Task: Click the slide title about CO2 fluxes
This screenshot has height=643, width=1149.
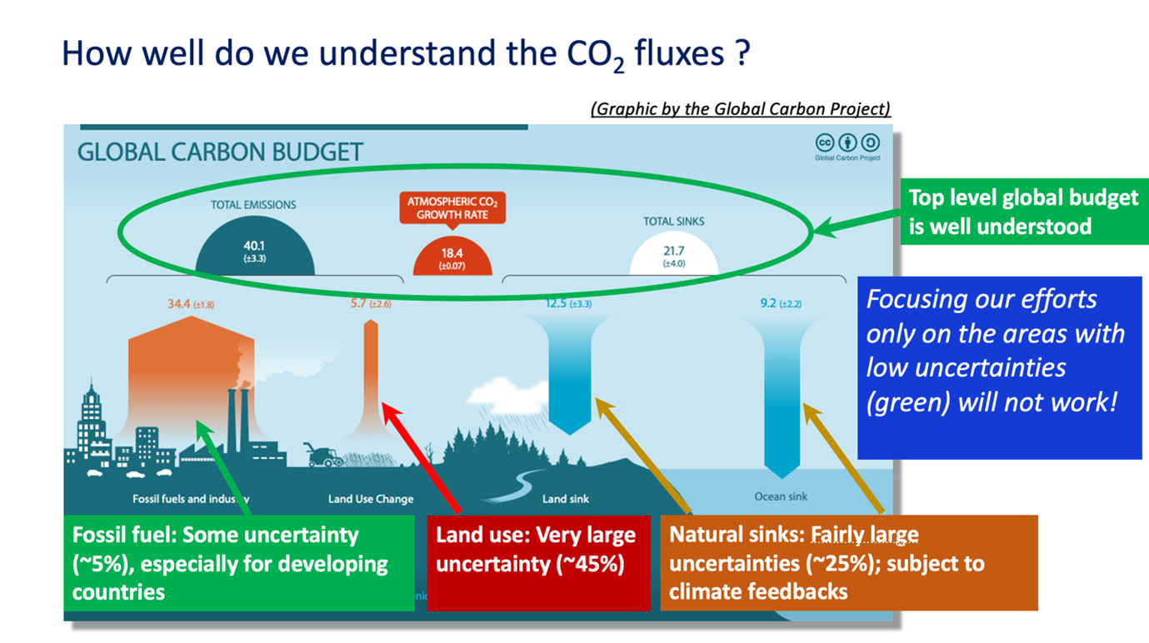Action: point(406,55)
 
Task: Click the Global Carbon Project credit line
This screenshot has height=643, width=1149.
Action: point(740,109)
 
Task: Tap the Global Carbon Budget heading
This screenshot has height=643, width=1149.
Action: point(220,152)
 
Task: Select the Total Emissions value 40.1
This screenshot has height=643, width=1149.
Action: point(254,246)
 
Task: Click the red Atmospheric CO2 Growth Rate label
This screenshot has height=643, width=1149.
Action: point(452,208)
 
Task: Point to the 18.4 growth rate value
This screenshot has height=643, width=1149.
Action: point(452,253)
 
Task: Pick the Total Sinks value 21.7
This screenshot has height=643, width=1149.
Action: point(673,251)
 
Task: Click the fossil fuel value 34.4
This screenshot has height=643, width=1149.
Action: point(179,304)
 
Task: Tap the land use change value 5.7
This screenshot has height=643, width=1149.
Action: point(359,303)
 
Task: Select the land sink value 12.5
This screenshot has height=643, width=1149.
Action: point(557,303)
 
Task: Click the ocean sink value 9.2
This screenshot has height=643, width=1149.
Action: point(768,303)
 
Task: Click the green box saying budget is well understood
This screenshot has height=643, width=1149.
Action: point(1023,212)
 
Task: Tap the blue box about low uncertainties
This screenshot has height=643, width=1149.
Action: point(999,367)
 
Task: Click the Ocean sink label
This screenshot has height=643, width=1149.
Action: point(781,496)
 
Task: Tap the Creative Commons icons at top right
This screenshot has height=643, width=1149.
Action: point(847,143)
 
